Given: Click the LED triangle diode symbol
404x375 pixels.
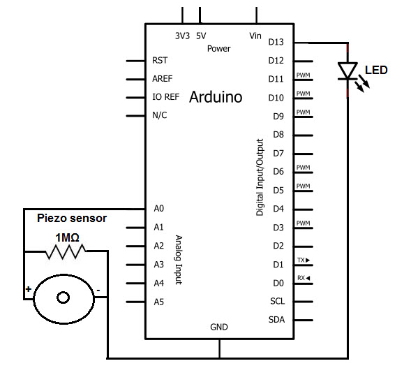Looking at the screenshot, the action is click(347, 71).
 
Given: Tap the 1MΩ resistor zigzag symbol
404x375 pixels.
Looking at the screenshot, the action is click(66, 251).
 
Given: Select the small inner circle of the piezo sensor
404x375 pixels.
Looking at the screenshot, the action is click(63, 297).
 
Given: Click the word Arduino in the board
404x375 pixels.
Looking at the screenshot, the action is click(216, 97).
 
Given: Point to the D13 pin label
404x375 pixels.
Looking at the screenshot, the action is click(276, 42).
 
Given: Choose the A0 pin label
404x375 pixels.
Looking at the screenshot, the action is click(158, 208).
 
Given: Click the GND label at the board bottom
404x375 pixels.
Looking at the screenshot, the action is click(219, 327).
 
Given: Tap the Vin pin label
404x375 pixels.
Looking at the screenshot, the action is click(255, 36).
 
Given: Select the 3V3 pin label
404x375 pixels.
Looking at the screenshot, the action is click(182, 36).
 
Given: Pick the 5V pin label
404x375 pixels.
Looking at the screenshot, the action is click(201, 36).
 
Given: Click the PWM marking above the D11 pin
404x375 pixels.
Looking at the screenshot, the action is click(303, 75).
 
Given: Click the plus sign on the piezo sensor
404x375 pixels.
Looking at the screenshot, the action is click(29, 289).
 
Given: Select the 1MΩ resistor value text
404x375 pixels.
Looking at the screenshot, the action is click(67, 238).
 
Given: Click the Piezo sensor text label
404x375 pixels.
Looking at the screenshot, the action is click(72, 218).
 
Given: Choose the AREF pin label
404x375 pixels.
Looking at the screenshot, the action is click(163, 79).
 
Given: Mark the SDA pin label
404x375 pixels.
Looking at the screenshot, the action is click(276, 320).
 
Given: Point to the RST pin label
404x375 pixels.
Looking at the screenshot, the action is click(160, 60).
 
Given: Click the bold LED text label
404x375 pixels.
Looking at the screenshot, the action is click(376, 70).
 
